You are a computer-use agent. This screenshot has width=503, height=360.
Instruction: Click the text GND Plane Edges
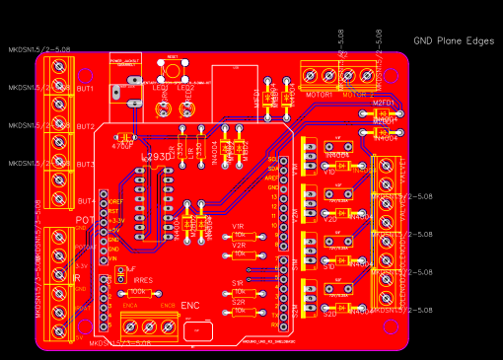(453, 41)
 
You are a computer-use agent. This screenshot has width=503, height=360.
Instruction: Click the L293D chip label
(158, 157)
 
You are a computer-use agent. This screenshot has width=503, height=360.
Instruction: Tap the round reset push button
(174, 70)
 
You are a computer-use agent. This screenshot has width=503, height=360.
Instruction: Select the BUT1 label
(85, 89)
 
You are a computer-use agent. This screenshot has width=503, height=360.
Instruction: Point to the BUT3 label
(85, 164)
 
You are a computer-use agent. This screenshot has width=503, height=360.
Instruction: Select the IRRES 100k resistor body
(138, 293)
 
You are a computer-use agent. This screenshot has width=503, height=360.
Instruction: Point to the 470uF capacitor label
(122, 145)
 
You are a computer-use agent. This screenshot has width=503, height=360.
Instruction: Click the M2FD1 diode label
(383, 103)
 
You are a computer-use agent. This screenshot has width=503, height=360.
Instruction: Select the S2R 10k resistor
(240, 310)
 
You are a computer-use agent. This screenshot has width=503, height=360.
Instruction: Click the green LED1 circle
(162, 99)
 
